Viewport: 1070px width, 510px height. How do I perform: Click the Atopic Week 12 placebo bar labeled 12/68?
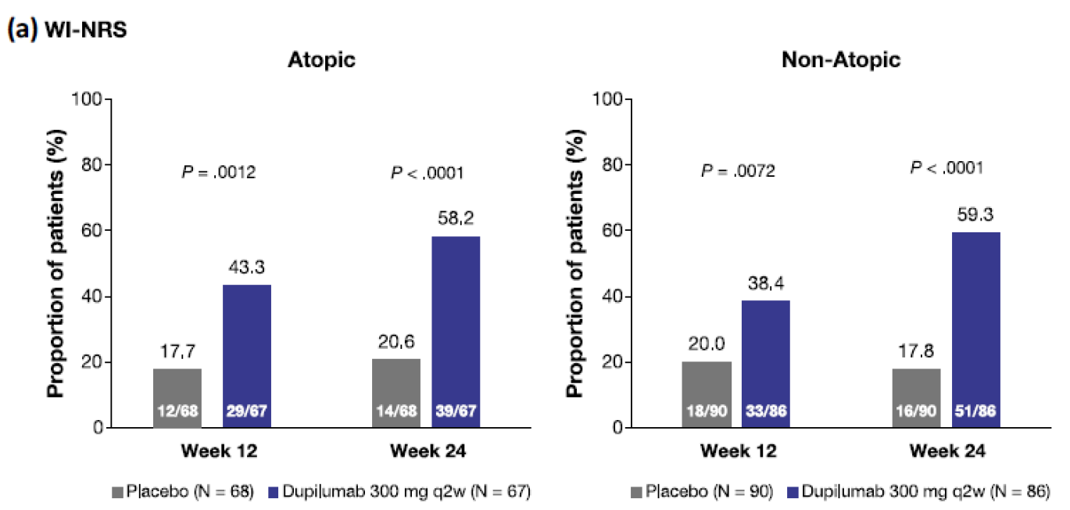pyautogui.click(x=177, y=398)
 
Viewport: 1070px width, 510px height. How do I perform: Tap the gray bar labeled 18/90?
pyautogui.click(x=707, y=395)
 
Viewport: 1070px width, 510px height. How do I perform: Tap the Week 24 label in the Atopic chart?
pyautogui.click(x=426, y=452)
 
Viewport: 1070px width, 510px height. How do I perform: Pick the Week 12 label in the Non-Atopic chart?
pyautogui.click(x=736, y=452)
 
